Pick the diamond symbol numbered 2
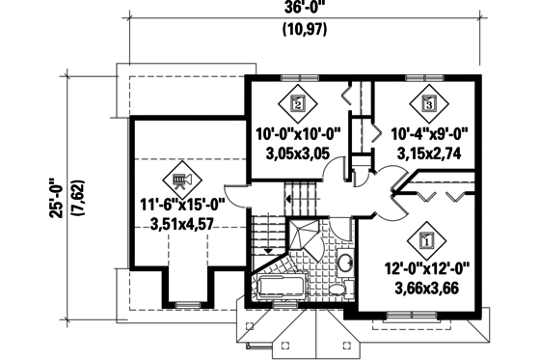click(298, 102)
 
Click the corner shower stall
click(306, 235)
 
